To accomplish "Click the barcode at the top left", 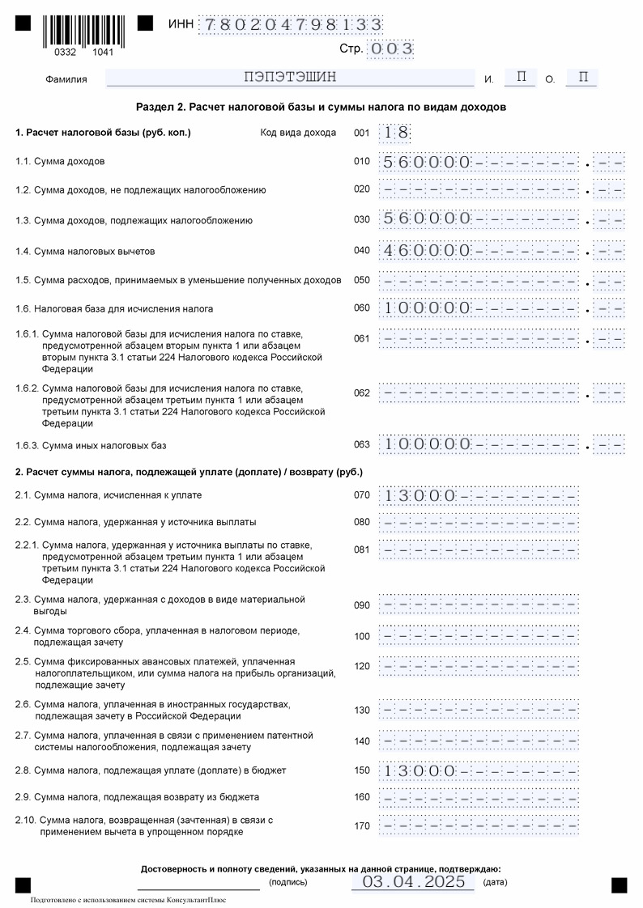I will (x=79, y=31).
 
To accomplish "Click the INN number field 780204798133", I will (x=291, y=24).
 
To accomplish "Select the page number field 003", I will (x=390, y=49).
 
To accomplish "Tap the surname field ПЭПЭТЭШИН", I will (x=289, y=78).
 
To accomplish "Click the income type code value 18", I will (x=396, y=133).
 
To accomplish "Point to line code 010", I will (x=361, y=162).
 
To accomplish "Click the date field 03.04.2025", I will (x=413, y=881).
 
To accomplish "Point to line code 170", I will (x=361, y=826).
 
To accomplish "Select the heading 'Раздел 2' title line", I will (x=321, y=107).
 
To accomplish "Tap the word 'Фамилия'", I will (x=66, y=79).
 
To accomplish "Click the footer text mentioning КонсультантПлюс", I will (x=128, y=899).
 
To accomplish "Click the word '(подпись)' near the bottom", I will (x=287, y=882).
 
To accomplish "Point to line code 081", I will (x=361, y=550).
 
